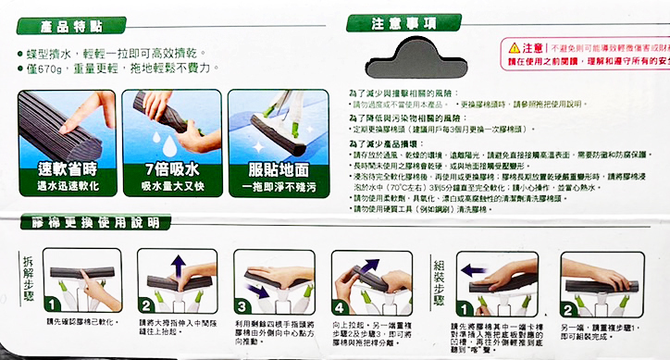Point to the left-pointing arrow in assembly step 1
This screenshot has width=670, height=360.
472,271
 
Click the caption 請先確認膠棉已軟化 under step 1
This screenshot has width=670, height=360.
74,323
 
